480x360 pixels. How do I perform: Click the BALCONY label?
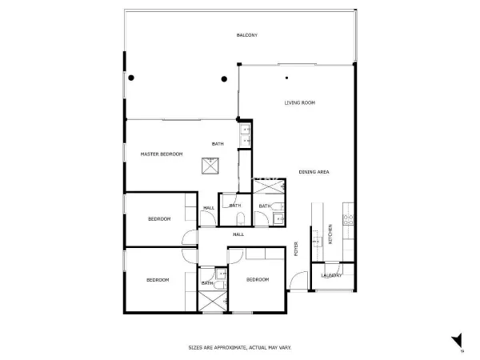point(247,35)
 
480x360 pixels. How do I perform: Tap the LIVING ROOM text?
point(300,103)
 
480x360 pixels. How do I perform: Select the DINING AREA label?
point(314,172)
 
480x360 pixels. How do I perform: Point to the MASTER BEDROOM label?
point(162,154)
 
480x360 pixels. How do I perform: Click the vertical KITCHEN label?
point(330,234)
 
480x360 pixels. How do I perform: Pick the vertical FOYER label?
point(296,249)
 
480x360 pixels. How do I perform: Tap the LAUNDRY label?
point(331,275)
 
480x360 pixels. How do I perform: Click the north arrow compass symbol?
point(458,341)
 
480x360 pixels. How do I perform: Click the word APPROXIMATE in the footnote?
point(230,348)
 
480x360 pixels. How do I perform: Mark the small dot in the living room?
point(286,78)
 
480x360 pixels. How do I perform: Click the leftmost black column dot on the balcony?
point(131,78)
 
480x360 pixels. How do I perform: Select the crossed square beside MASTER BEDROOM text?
point(210,166)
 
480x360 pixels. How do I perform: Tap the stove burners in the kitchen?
point(348,220)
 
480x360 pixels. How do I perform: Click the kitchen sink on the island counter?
point(317,242)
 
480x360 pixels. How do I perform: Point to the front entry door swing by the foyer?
point(298,281)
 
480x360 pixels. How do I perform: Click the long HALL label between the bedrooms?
point(238,234)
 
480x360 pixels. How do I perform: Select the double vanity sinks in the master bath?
point(246,135)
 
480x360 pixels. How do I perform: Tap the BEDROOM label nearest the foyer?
point(258,279)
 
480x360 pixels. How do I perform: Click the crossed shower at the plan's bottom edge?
point(213,302)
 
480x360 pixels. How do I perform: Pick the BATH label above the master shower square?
point(218,144)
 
